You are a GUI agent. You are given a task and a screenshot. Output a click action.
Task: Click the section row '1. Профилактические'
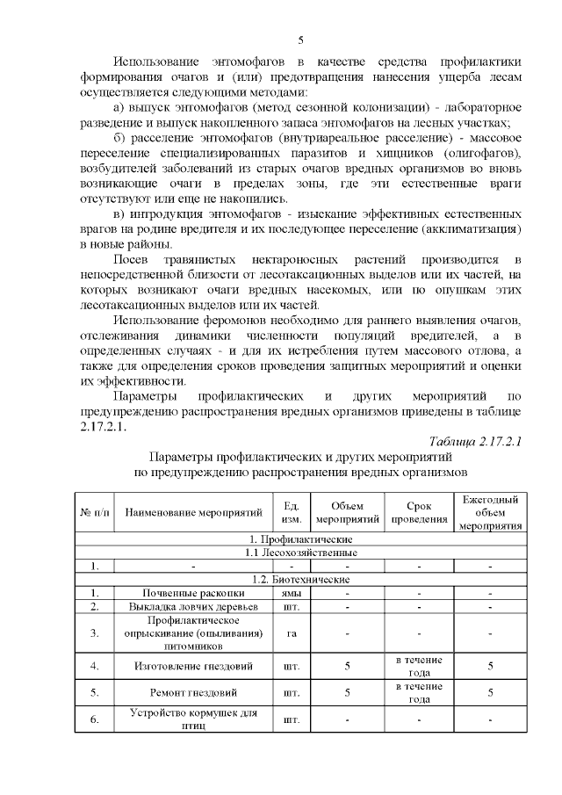301,538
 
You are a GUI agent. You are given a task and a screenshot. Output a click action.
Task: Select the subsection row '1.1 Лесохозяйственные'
301,552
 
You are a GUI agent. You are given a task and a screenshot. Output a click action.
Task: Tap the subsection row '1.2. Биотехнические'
301,580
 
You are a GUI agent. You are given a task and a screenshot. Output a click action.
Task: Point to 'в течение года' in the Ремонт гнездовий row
418,692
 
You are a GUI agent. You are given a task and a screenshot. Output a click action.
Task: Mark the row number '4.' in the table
95,666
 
